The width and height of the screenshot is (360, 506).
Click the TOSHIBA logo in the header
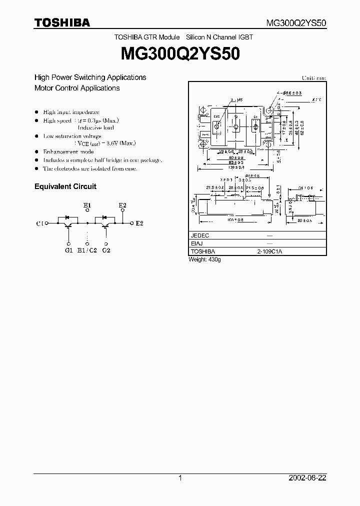click(62, 22)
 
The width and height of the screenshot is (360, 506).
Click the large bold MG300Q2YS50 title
click(180, 54)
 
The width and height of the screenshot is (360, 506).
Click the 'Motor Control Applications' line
click(77, 88)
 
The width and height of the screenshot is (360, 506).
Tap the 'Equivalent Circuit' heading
click(65, 186)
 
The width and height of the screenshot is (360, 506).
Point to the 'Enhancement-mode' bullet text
click(68, 151)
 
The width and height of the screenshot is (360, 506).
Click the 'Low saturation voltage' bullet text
click(72, 136)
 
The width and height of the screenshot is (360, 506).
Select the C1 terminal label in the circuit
click(40, 223)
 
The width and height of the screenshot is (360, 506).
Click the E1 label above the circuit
click(87, 205)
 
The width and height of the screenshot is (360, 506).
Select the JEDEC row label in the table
click(200, 235)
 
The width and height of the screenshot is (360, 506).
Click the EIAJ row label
click(197, 243)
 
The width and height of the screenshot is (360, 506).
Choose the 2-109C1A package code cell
click(269, 251)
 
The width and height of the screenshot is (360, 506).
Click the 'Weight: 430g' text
click(204, 260)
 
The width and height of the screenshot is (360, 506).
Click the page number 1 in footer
click(180, 478)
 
